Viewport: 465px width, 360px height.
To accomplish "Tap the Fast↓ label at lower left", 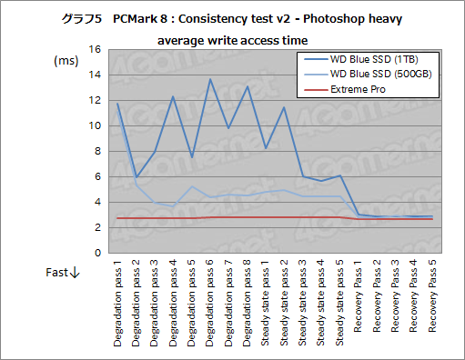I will click(64, 273).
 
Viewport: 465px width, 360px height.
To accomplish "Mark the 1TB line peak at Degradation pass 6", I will click(210, 79).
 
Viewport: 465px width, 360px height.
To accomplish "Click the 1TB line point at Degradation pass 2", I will click(136, 177).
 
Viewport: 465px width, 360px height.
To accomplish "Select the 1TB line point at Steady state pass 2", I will click(284, 107).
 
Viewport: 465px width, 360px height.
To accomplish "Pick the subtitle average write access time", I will click(232, 40).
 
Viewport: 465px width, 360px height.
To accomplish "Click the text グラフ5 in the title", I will click(81, 19).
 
